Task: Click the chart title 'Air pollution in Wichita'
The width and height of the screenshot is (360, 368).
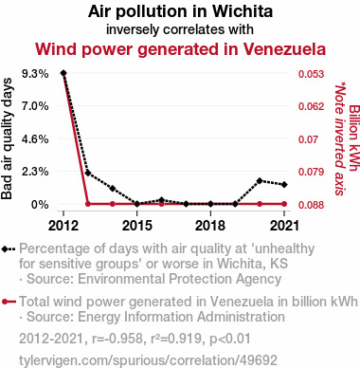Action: point(180,11)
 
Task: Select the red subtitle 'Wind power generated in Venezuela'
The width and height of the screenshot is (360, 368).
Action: point(180,49)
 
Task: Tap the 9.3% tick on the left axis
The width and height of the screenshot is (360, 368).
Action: point(35,74)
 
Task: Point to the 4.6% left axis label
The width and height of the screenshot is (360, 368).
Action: point(35,139)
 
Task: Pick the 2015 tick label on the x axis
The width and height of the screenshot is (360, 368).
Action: point(137,226)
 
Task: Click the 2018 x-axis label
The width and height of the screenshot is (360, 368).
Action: point(210,226)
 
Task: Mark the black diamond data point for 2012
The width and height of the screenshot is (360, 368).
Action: point(63,73)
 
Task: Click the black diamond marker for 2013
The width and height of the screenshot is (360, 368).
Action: point(88,174)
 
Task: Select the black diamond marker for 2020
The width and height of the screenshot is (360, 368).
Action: point(260,181)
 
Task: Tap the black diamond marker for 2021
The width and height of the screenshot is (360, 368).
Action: point(284,184)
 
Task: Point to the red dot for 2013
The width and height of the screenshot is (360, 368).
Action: point(88,204)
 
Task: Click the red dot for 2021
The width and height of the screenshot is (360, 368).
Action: point(284,204)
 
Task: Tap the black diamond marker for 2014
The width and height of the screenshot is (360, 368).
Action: point(113,189)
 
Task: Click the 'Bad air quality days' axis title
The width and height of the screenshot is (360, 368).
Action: point(7,138)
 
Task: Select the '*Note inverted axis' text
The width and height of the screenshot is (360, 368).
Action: point(340,138)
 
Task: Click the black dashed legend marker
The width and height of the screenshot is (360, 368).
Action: point(9,249)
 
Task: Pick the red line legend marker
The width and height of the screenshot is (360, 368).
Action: point(9,302)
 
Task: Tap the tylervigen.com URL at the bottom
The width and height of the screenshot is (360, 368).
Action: point(148,360)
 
